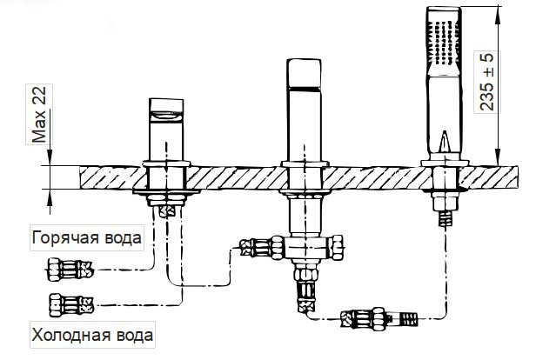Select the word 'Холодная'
[x=71, y=334]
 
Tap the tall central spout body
[x=304, y=113]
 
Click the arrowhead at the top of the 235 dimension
[x=498, y=12]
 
